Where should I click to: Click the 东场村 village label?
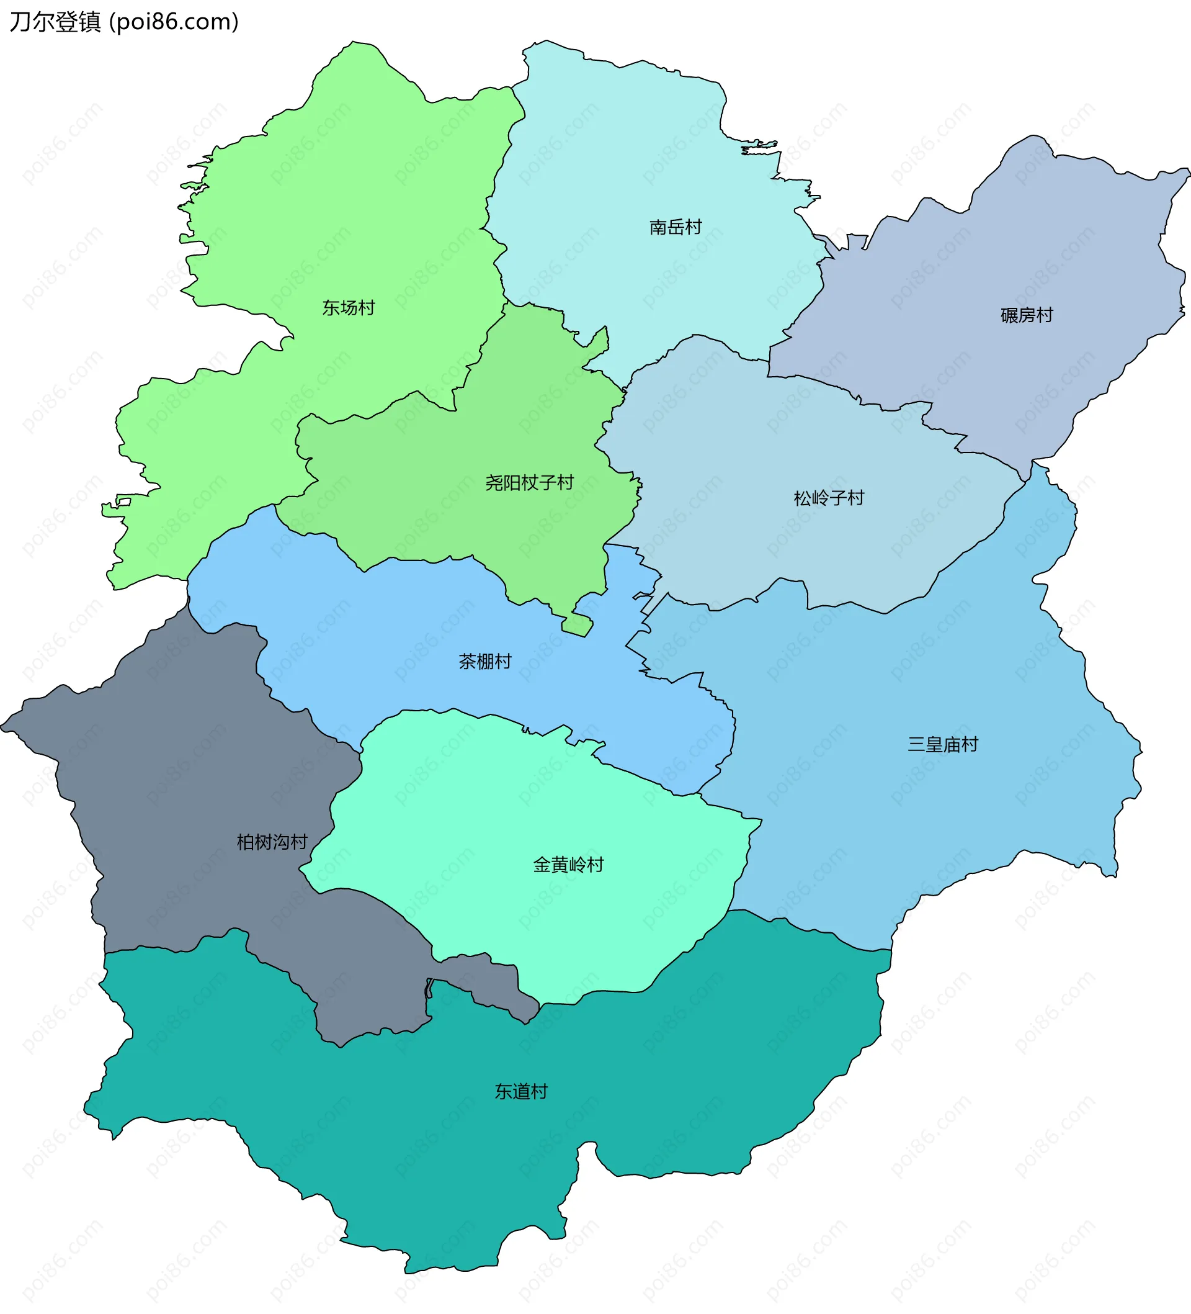tap(349, 308)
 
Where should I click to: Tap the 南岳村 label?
tap(676, 227)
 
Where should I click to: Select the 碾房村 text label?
tap(1027, 315)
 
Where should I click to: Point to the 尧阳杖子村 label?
tap(529, 483)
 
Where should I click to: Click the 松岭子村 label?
tap(829, 498)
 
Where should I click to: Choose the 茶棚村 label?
tap(484, 662)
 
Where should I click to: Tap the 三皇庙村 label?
tap(943, 744)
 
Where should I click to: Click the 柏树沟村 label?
tap(272, 843)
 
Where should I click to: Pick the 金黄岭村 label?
tap(568, 865)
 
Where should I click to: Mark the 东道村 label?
tap(520, 1092)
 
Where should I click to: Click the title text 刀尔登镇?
tap(55, 22)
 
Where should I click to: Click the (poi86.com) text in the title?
tap(174, 22)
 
